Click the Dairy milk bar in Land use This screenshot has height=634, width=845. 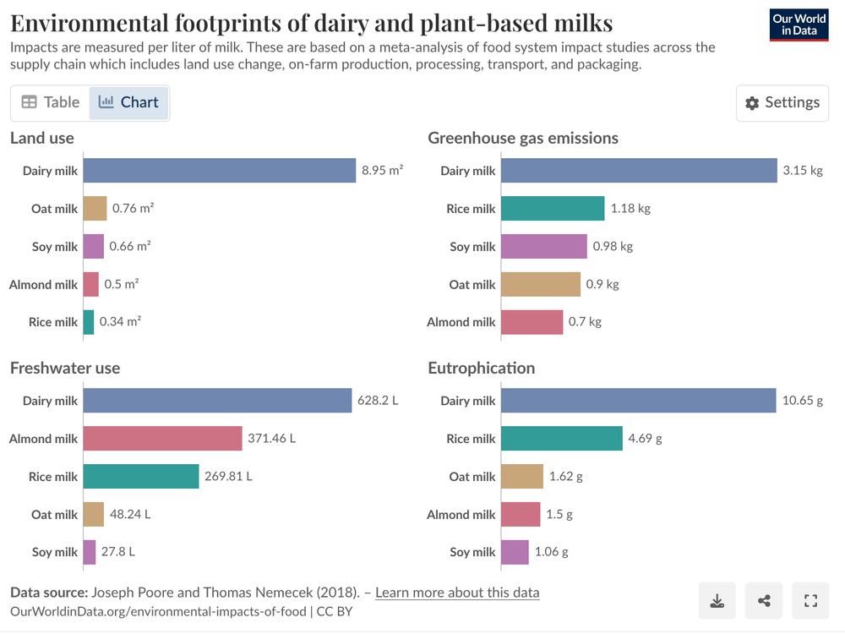[x=220, y=171]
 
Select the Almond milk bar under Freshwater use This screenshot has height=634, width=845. [x=163, y=439]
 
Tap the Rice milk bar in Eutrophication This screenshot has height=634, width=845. [x=562, y=439]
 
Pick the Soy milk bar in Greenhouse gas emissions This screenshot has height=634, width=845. [x=543, y=247]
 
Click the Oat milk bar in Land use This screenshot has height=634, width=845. [x=95, y=209]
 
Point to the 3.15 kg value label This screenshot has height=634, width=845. [x=802, y=171]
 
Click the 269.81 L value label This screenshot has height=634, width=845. [x=228, y=477]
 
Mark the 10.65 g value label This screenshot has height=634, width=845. [x=802, y=401]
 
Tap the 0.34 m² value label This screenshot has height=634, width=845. [x=120, y=322]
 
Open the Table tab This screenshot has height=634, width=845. [x=51, y=102]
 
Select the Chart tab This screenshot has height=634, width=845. [x=128, y=102]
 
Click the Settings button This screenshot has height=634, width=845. [x=782, y=103]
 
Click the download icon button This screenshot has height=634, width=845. [x=717, y=601]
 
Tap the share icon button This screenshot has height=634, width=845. [x=764, y=601]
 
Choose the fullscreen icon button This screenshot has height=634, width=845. [x=810, y=601]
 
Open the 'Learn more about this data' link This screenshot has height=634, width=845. [x=456, y=593]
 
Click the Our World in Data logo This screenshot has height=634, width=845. [x=799, y=25]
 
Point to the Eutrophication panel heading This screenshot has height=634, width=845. [x=481, y=369]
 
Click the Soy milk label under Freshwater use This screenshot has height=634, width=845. [x=55, y=552]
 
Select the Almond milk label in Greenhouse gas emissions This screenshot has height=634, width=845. [x=461, y=322]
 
